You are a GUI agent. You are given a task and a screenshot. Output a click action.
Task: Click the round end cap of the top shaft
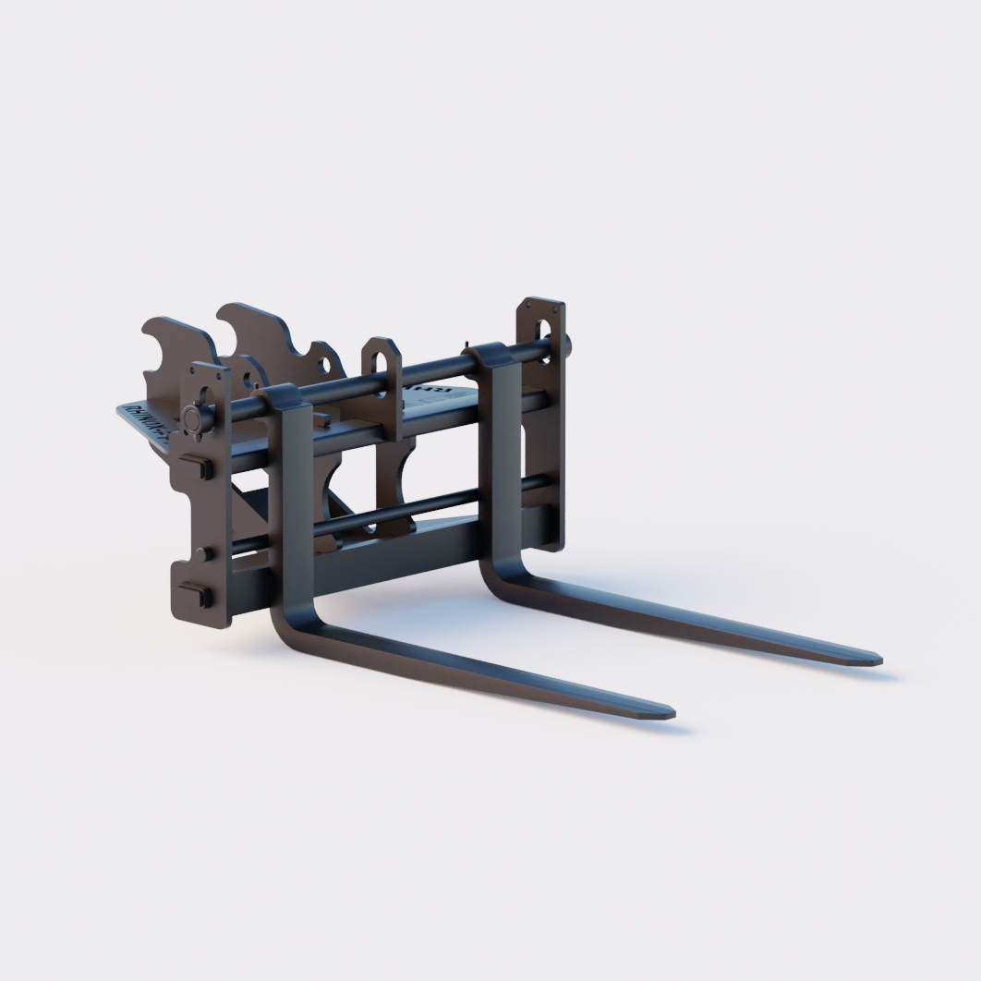pos(193,418)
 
